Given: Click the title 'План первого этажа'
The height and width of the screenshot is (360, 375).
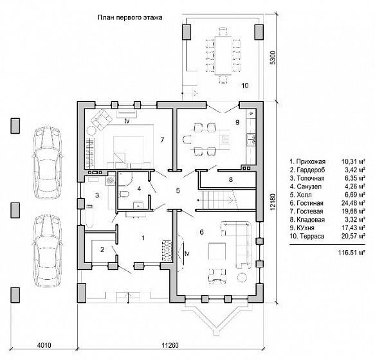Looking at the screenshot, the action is point(130,18).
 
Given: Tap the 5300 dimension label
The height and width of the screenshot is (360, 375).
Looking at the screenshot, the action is point(273,58).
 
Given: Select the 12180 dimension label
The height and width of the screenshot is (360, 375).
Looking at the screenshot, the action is point(273,203).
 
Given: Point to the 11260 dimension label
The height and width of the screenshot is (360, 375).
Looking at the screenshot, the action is point(170,345).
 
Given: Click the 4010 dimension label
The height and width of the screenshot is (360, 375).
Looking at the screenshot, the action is point(44,345).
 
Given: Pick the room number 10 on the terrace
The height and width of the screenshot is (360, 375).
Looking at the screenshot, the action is point(245,85).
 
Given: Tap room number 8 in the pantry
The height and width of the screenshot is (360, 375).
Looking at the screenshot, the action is point(230,179).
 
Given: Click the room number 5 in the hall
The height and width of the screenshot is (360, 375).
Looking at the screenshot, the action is point(178,191).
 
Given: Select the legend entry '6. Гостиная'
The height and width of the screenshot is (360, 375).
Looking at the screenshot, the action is point(307,203).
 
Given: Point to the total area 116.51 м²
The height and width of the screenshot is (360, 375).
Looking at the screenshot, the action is point(352,253).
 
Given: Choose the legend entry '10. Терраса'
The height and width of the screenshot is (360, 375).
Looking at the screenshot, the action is point(307,236).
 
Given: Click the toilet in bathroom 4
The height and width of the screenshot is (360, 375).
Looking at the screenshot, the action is point(123,194).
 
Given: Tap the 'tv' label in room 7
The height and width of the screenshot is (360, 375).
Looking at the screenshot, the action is point(127,122).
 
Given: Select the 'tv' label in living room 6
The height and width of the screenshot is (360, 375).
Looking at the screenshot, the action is point(187,253).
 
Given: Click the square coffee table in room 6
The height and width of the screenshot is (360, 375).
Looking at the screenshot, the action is point(217,251).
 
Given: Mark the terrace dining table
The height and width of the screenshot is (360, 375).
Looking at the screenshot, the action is point(223,55).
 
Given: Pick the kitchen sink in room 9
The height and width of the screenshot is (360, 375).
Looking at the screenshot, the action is point(252,139).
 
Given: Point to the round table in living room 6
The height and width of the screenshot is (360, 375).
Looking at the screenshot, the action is point(242,278).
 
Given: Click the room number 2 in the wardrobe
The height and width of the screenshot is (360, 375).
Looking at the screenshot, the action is point(102,250).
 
